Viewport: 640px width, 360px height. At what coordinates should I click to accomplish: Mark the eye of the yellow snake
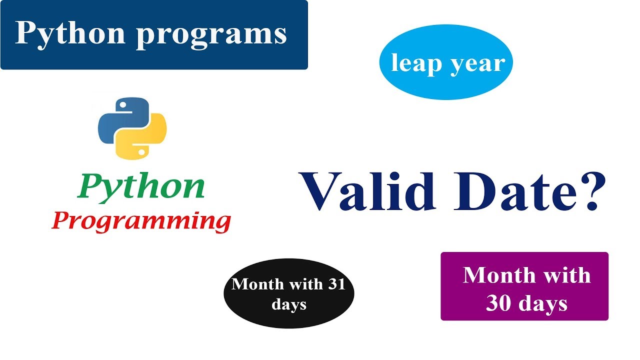point(141,150)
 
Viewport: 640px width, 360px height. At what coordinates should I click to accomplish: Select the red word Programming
point(141,221)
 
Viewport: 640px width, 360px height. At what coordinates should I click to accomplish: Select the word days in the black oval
point(289,304)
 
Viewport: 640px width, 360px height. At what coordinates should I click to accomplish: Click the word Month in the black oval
point(257,284)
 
